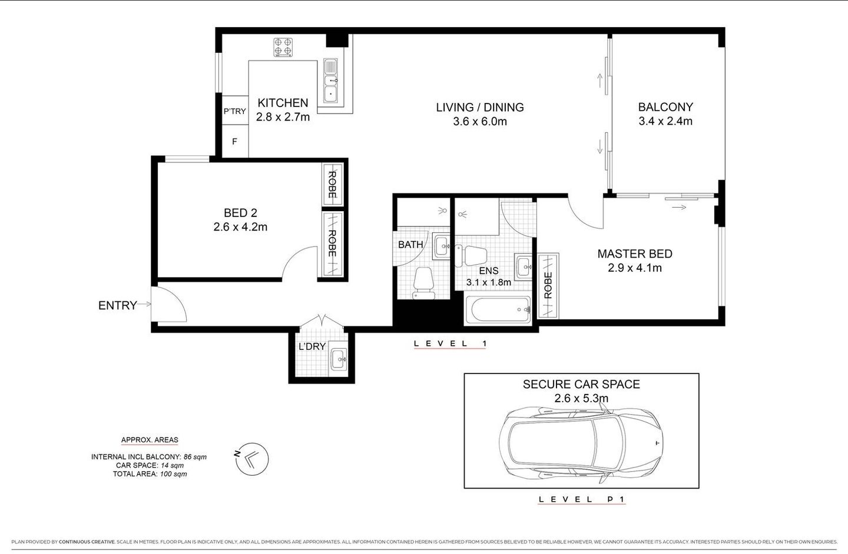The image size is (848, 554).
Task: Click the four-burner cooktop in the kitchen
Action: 283,47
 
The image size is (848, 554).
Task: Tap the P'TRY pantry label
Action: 234,111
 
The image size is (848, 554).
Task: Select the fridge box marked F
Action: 234,141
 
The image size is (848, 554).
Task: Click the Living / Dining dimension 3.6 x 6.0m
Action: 479,122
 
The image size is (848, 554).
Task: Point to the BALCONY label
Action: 665,107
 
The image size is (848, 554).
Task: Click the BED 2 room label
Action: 240,213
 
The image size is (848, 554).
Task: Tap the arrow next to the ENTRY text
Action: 145,305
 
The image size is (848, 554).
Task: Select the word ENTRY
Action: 117,305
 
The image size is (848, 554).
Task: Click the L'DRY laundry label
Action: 312,346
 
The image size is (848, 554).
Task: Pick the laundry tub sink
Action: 338,358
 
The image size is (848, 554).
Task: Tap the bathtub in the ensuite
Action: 498,311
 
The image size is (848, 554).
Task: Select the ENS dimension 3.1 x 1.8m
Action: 488,282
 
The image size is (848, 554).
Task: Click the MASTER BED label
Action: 635,254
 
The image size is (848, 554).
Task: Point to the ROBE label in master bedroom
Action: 548,285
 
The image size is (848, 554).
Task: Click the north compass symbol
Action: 253,458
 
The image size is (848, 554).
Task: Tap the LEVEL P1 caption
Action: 582,499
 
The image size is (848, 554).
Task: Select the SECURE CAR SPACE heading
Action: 581,385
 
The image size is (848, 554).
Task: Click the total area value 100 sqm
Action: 173,474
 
